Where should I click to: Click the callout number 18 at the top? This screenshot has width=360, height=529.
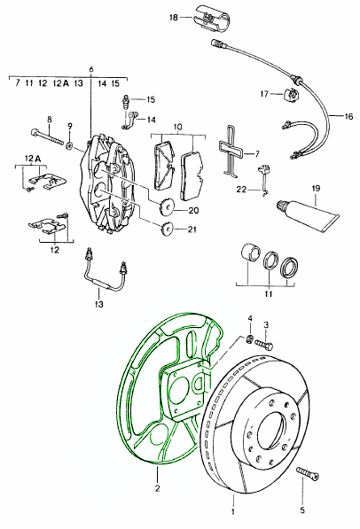(x=173, y=17)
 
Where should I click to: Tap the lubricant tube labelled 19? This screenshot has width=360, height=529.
(x=308, y=214)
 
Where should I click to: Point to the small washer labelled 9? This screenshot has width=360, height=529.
(x=69, y=145)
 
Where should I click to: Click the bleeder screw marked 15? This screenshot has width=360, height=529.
(x=125, y=101)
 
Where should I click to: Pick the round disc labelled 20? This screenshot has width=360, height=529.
(x=166, y=206)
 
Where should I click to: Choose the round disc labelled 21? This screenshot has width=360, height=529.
(x=167, y=229)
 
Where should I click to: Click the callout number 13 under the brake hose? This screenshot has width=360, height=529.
(x=98, y=304)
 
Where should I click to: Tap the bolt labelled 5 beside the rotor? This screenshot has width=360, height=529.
(x=308, y=473)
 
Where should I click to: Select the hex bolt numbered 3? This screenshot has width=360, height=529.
(x=263, y=344)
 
